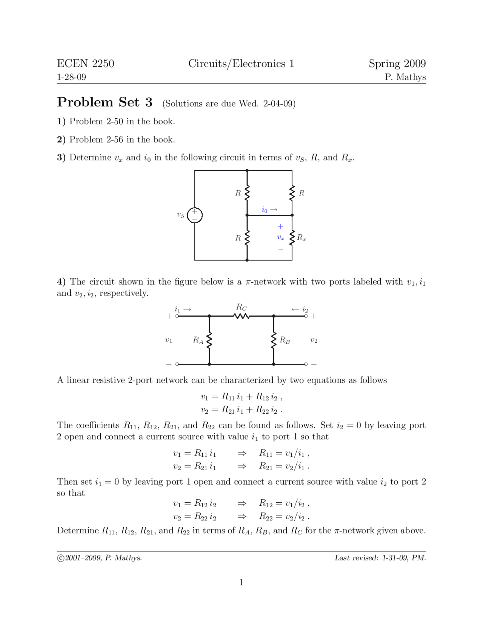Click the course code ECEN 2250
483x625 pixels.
pos(85,63)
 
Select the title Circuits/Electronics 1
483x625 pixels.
pos(241,63)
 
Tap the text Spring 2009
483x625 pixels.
pos(397,63)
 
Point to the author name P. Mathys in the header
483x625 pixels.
pos(405,77)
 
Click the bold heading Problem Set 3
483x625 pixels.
pos(105,102)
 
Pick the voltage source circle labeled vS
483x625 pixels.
pos(195,215)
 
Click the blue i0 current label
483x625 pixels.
pos(269,209)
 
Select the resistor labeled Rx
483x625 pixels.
pos(292,238)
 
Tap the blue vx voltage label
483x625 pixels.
pos(280,237)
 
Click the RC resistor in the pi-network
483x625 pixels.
pos(241,316)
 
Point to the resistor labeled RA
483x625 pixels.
pos(209,340)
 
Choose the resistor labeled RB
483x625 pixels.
pos(274,340)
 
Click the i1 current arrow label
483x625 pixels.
pos(183,309)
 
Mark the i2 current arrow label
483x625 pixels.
pos(300,309)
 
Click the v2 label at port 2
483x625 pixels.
pos(314,340)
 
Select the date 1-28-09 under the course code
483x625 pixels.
pos(71,77)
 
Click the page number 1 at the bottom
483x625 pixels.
pos(241,582)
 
